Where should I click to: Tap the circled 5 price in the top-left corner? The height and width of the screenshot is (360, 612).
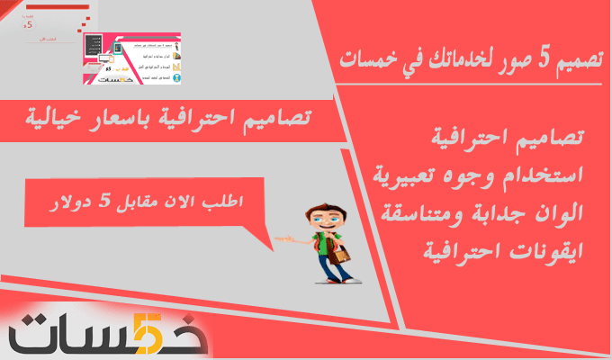pos(29,25)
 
